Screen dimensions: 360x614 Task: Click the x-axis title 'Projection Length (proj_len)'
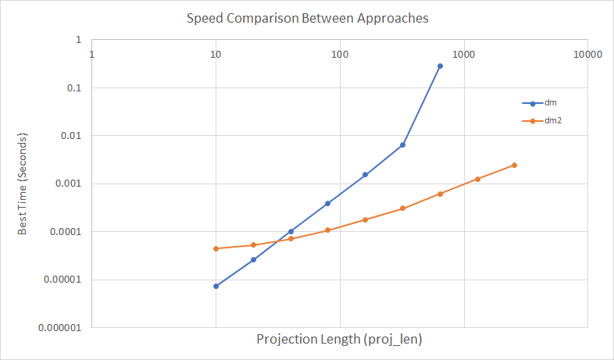click(339, 340)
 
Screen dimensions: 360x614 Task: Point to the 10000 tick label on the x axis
click(587, 55)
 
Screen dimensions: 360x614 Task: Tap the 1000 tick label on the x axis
click(463, 55)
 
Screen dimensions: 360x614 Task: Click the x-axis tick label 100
click(339, 55)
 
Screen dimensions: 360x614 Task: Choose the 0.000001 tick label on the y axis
click(63, 328)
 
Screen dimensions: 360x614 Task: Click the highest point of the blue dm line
click(440, 66)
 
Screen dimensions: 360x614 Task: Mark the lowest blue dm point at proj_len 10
click(216, 286)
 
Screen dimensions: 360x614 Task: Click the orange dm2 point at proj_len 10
click(216, 248)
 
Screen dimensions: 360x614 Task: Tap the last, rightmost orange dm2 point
click(514, 165)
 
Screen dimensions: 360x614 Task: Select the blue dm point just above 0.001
click(365, 175)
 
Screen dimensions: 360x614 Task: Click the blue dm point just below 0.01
click(402, 145)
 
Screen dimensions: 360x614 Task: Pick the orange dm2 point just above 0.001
click(477, 179)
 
